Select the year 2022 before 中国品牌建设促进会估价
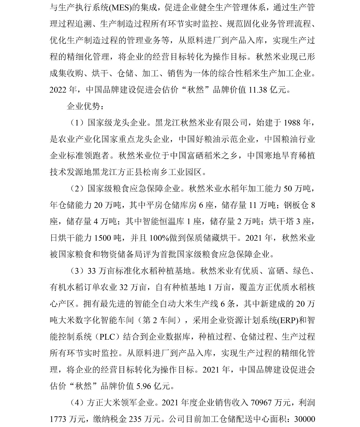tap(58, 90)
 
